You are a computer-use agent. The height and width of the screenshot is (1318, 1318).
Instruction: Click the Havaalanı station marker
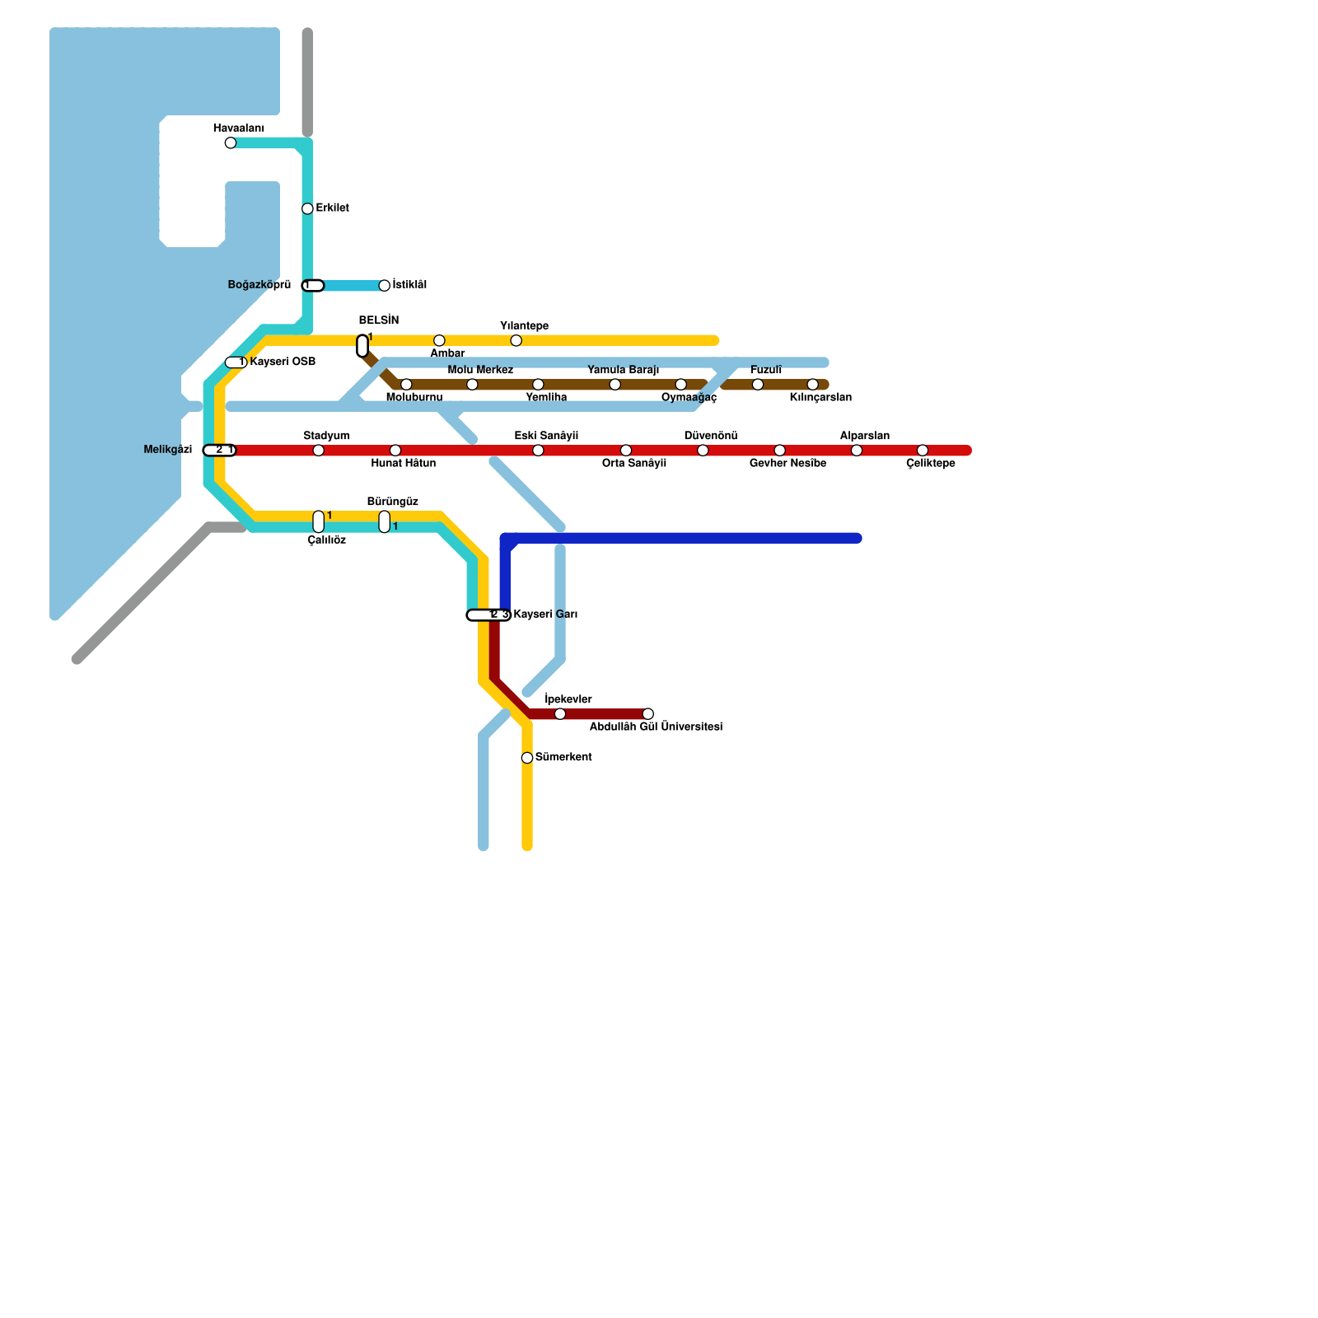231,143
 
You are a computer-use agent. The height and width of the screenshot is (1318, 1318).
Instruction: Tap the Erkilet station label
332,208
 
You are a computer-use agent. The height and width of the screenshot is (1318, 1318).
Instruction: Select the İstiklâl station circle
384,286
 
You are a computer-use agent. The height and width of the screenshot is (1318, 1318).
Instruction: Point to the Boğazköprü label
259,285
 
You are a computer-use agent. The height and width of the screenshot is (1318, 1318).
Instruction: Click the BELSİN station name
379,321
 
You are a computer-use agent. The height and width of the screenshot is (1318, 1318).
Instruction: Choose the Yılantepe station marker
516,341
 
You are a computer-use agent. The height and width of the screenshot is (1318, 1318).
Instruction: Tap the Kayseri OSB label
283,362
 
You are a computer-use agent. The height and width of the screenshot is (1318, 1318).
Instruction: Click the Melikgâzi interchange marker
219,450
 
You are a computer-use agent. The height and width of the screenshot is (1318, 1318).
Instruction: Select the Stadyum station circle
319,450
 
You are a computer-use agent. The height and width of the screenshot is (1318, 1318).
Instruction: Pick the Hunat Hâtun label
403,464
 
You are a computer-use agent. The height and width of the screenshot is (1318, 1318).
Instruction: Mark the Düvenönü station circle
703,450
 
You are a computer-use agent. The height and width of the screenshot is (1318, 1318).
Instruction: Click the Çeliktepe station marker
923,450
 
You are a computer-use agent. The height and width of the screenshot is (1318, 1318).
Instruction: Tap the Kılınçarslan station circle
813,385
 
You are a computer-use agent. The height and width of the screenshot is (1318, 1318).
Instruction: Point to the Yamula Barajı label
623,371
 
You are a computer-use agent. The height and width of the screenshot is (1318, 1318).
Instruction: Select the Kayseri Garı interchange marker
488,615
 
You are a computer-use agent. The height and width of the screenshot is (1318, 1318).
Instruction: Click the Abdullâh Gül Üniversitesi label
656,727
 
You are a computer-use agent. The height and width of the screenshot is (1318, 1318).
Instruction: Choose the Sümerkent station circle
527,758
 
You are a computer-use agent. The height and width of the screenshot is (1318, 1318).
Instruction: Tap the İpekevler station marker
560,713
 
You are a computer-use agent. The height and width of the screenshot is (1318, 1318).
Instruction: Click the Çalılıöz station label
326,541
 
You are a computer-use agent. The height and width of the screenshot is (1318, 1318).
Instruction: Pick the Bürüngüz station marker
385,521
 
